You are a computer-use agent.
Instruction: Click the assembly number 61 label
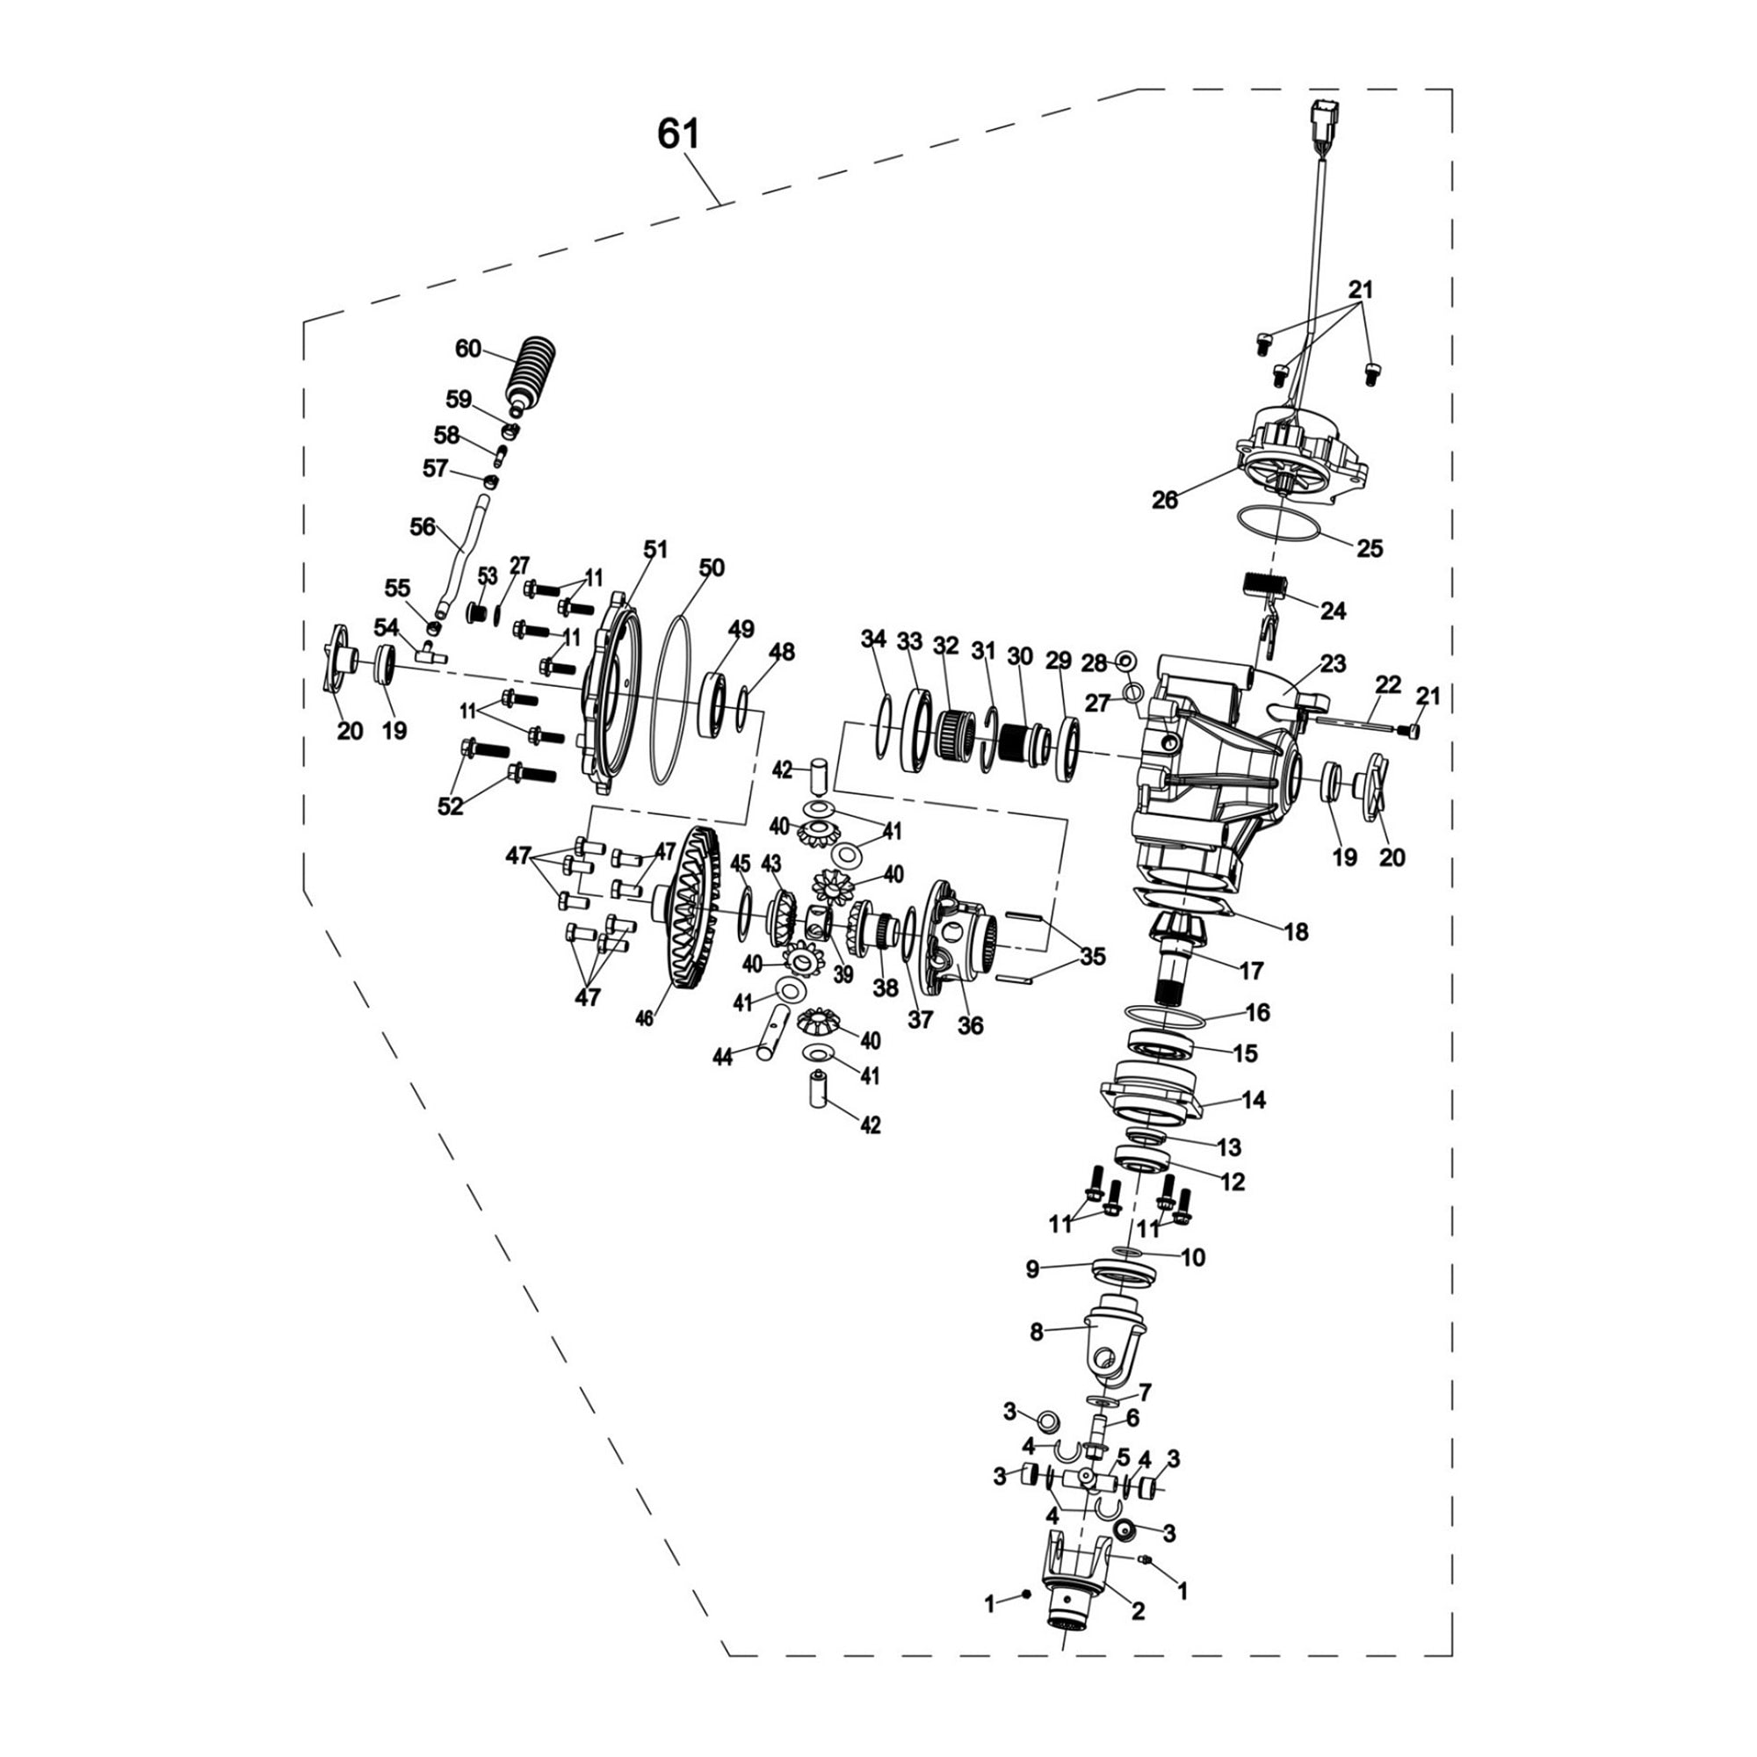pyautogui.click(x=678, y=134)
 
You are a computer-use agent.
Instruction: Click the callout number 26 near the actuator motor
pyautogui.click(x=1164, y=499)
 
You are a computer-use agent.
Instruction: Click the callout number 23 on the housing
pyautogui.click(x=1333, y=663)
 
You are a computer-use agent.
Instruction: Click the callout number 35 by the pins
pyautogui.click(x=1093, y=956)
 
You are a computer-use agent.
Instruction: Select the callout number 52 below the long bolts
pyautogui.click(x=450, y=805)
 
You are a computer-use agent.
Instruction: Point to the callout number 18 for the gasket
pyautogui.click(x=1296, y=931)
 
